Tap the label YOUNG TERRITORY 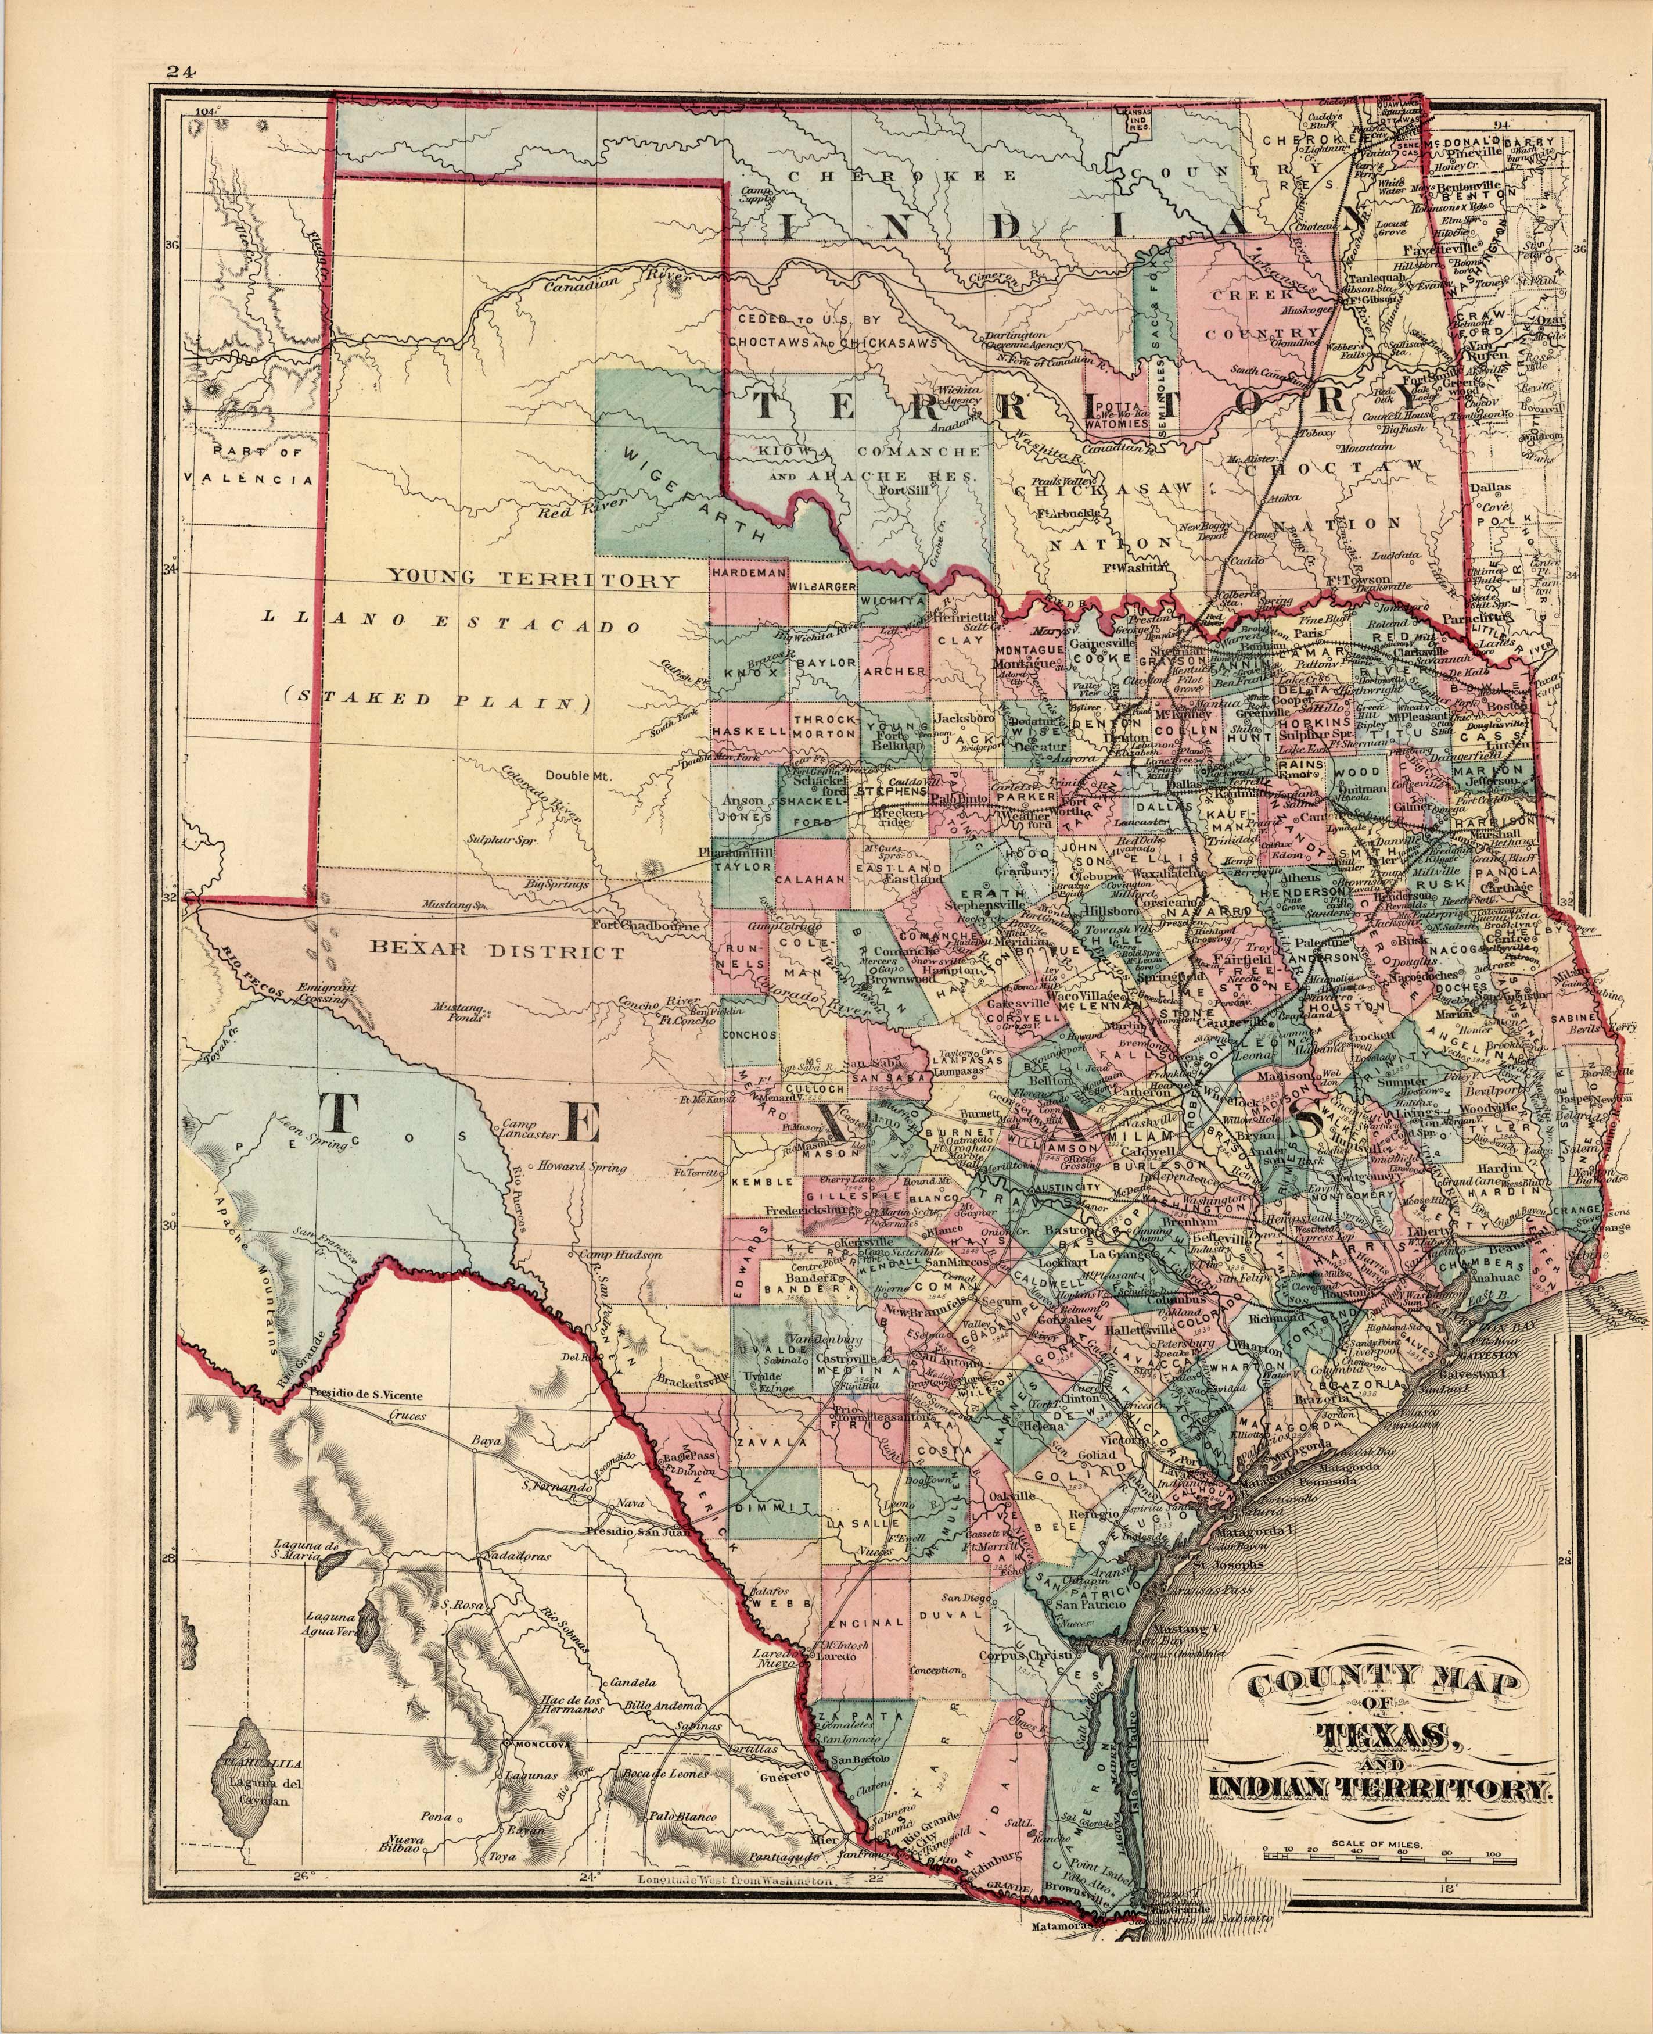pyautogui.click(x=533, y=579)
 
